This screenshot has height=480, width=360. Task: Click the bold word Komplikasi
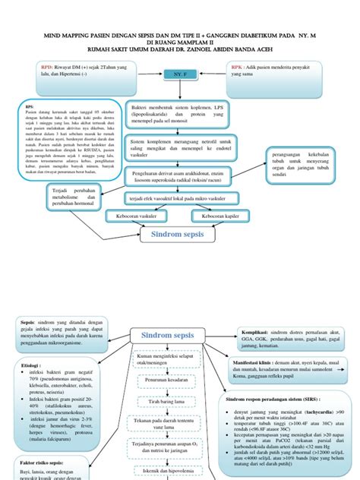tap(242, 332)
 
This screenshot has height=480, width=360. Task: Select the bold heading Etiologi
tap(27, 365)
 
